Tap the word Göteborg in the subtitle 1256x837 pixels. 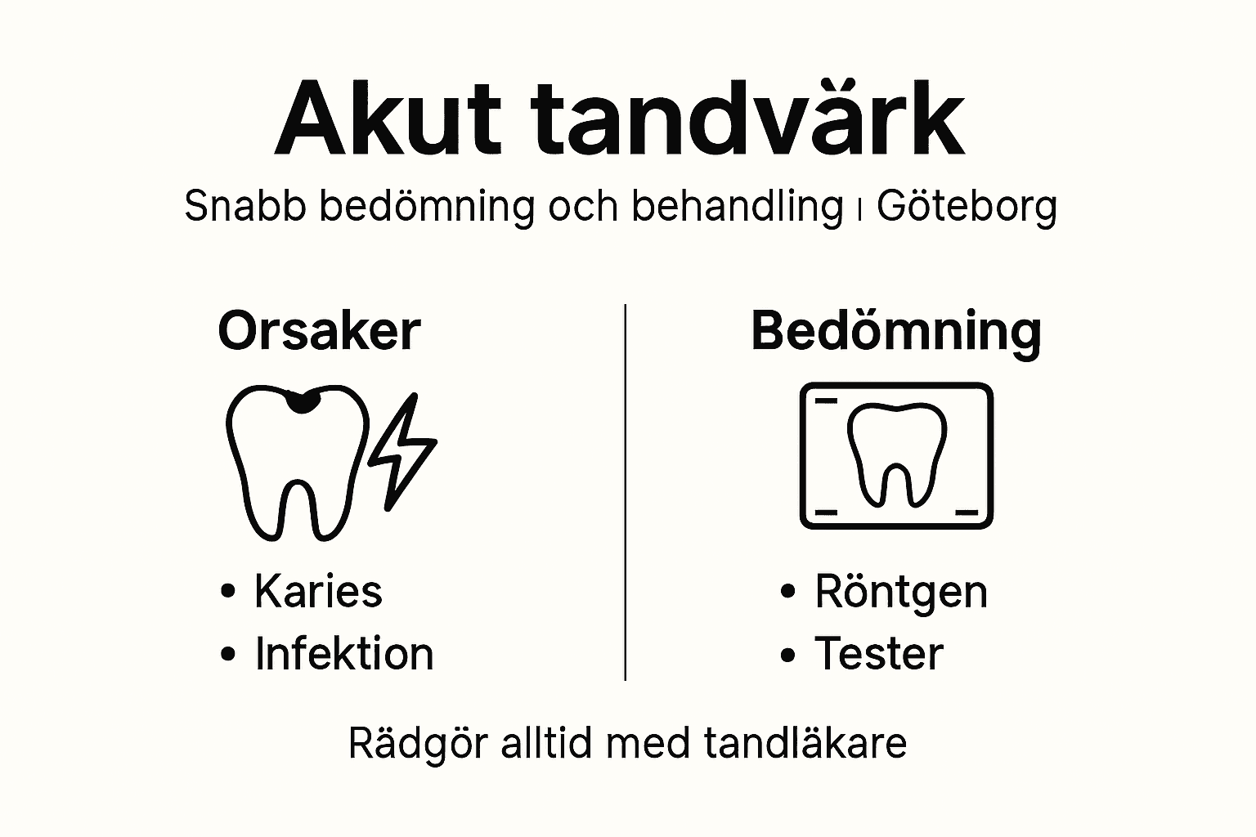(967, 207)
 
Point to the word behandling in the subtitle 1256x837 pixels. (737, 207)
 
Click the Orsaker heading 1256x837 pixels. (319, 331)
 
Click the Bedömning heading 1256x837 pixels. (896, 331)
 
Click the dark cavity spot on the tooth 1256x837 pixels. (303, 401)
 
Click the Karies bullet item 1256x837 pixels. (318, 591)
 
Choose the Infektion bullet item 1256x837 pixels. (343, 654)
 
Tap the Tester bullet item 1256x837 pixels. (879, 654)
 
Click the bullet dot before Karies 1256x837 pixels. (229, 591)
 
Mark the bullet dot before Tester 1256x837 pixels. (788, 655)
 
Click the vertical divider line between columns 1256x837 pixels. (626, 490)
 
